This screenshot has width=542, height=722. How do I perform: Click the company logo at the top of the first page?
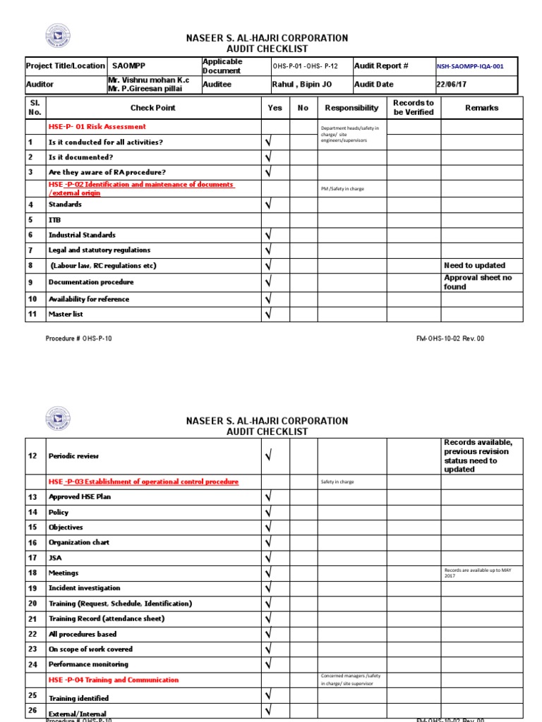(x=59, y=37)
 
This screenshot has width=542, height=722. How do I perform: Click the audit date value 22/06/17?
(x=452, y=84)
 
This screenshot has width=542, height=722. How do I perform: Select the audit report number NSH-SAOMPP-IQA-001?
(x=469, y=66)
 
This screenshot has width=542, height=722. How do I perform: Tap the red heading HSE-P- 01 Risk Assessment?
(x=97, y=127)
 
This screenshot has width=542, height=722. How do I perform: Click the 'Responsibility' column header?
(x=351, y=108)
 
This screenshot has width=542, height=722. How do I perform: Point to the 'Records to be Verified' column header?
(x=414, y=108)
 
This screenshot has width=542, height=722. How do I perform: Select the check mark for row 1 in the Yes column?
(x=268, y=142)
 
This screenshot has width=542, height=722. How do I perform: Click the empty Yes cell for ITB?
(x=275, y=220)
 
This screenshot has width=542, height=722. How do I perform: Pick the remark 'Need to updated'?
(x=474, y=266)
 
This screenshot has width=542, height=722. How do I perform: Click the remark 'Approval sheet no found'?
(x=478, y=282)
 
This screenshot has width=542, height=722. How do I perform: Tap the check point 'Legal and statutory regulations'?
(x=99, y=250)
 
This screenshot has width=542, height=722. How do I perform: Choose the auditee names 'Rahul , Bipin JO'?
(x=301, y=84)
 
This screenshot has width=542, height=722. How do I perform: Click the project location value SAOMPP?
(x=129, y=66)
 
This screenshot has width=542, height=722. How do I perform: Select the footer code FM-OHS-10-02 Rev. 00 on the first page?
(x=450, y=338)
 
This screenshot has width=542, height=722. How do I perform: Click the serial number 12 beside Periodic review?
(x=32, y=456)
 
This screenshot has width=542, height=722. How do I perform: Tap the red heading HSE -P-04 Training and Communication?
(x=113, y=680)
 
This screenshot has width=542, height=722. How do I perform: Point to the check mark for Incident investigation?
(x=268, y=589)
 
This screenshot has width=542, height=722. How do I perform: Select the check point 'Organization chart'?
(x=78, y=543)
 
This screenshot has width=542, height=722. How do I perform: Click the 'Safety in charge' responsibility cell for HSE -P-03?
(x=337, y=482)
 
